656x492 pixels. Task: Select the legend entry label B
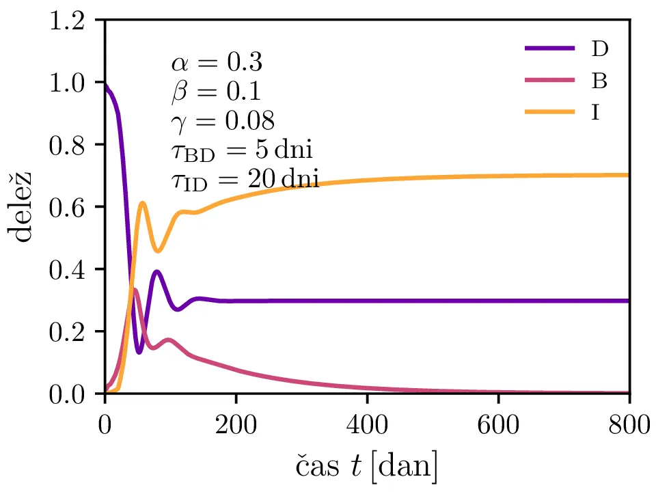pos(599,81)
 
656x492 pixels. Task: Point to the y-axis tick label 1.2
pos(70,20)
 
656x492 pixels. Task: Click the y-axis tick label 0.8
pos(70,145)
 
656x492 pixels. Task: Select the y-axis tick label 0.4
pos(70,269)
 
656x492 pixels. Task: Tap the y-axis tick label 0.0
pos(70,394)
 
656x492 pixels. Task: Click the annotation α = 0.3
pos(215,64)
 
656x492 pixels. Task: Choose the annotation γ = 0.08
pos(222,122)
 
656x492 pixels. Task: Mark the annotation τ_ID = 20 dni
pos(244,181)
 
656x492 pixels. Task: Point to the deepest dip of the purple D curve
pos(139,353)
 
